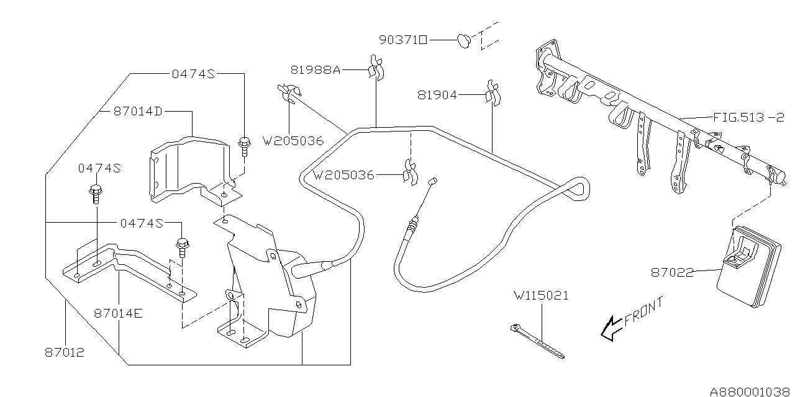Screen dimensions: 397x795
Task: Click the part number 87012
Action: click(64, 352)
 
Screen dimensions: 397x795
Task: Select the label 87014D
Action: click(138, 112)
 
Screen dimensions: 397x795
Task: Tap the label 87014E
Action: click(119, 314)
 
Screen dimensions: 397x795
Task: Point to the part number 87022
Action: click(672, 272)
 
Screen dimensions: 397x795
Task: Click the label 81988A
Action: click(316, 71)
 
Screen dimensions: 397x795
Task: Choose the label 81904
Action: click(437, 95)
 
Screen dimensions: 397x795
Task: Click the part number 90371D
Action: click(403, 40)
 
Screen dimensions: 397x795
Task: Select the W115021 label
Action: click(540, 296)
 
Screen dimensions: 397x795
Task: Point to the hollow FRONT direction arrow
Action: click(611, 327)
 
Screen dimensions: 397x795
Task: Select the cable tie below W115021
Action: click(538, 341)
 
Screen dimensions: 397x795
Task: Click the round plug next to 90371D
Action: click(464, 41)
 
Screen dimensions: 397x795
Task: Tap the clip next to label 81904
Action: click(493, 92)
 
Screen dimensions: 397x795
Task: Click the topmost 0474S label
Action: click(193, 74)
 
